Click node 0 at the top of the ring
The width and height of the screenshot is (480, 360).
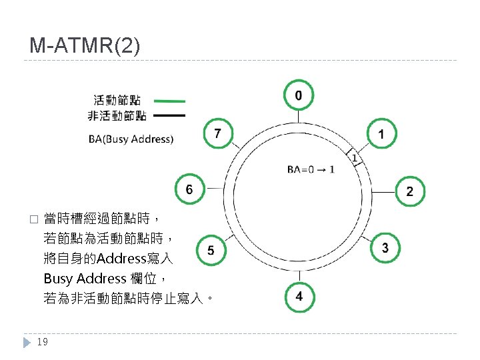click(298, 96)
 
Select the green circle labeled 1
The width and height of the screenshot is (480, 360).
click(380, 134)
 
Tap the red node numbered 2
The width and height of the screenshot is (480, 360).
click(409, 191)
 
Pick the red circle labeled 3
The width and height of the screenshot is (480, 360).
click(385, 248)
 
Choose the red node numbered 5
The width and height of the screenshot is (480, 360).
click(211, 251)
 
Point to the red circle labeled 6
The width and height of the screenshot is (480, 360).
click(189, 189)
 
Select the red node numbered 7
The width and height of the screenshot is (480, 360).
click(217, 134)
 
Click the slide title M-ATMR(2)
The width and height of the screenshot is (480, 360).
click(85, 46)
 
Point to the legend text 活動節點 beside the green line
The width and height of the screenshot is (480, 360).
click(117, 101)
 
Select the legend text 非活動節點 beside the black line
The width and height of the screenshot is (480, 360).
click(117, 116)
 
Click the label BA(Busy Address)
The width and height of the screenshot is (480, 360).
click(131, 139)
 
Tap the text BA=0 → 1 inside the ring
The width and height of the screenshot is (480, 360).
click(311, 169)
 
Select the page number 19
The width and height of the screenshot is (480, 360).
click(42, 342)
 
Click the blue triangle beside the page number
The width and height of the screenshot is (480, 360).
click(27, 342)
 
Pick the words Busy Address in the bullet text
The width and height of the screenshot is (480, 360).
click(85, 278)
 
